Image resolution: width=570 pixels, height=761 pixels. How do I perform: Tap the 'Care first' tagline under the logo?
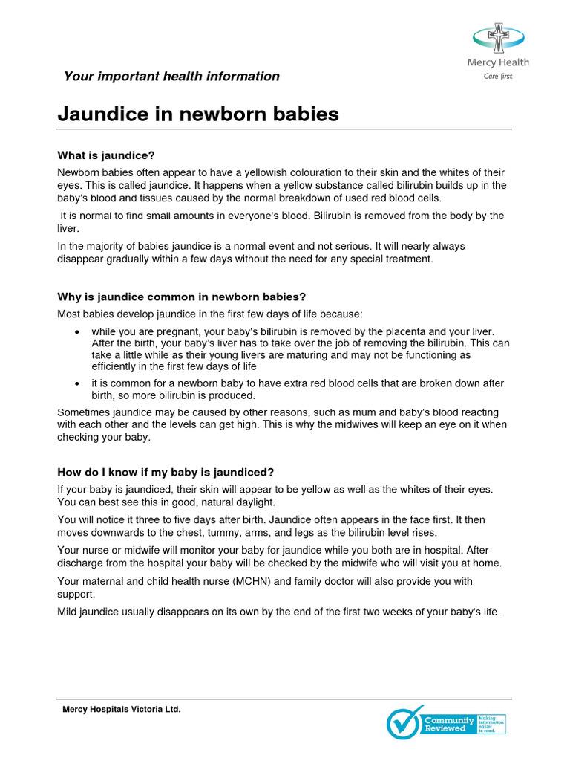tap(498, 76)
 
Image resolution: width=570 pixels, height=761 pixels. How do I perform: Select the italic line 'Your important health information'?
tap(171, 77)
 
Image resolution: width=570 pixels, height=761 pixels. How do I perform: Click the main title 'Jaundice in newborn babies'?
tap(198, 114)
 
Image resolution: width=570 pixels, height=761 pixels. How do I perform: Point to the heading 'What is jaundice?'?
tap(106, 155)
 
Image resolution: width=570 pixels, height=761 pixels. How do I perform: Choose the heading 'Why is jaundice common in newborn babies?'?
tap(182, 297)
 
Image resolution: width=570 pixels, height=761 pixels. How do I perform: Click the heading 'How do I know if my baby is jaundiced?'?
tap(166, 472)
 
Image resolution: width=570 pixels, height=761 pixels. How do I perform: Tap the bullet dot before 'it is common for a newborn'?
tap(78, 383)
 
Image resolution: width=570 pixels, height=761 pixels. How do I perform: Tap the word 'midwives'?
tap(399, 424)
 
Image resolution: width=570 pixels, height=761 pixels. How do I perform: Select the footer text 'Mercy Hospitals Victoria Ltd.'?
tap(122, 710)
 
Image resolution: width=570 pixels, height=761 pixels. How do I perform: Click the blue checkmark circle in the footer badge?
tap(404, 722)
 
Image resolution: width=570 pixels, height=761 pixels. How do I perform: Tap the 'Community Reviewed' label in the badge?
tap(448, 724)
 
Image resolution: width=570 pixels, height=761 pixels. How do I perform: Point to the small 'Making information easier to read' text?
tap(491, 725)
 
